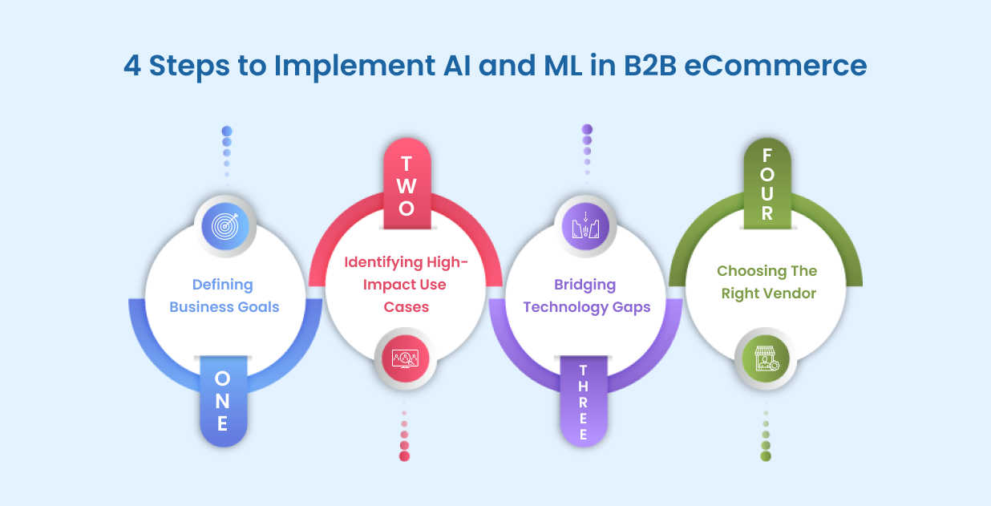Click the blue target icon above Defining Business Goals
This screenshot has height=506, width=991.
click(x=224, y=227)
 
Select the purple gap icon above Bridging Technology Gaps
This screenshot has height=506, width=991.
click(x=586, y=226)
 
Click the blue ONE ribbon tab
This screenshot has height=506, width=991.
click(x=223, y=400)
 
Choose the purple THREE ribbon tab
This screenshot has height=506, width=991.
click(x=583, y=402)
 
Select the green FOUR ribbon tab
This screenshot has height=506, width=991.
click(x=767, y=184)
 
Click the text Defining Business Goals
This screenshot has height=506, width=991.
click(x=224, y=295)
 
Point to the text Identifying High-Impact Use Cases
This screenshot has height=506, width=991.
click(x=406, y=284)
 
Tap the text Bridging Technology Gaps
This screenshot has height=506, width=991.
click(x=586, y=296)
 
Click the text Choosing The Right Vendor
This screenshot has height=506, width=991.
click(x=767, y=282)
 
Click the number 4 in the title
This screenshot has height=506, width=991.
click(x=132, y=66)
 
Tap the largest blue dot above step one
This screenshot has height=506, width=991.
click(x=227, y=132)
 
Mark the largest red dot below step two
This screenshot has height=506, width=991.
click(x=404, y=456)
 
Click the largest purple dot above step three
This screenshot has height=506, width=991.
click(x=587, y=129)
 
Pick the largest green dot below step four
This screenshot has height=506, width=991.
click(x=766, y=456)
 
